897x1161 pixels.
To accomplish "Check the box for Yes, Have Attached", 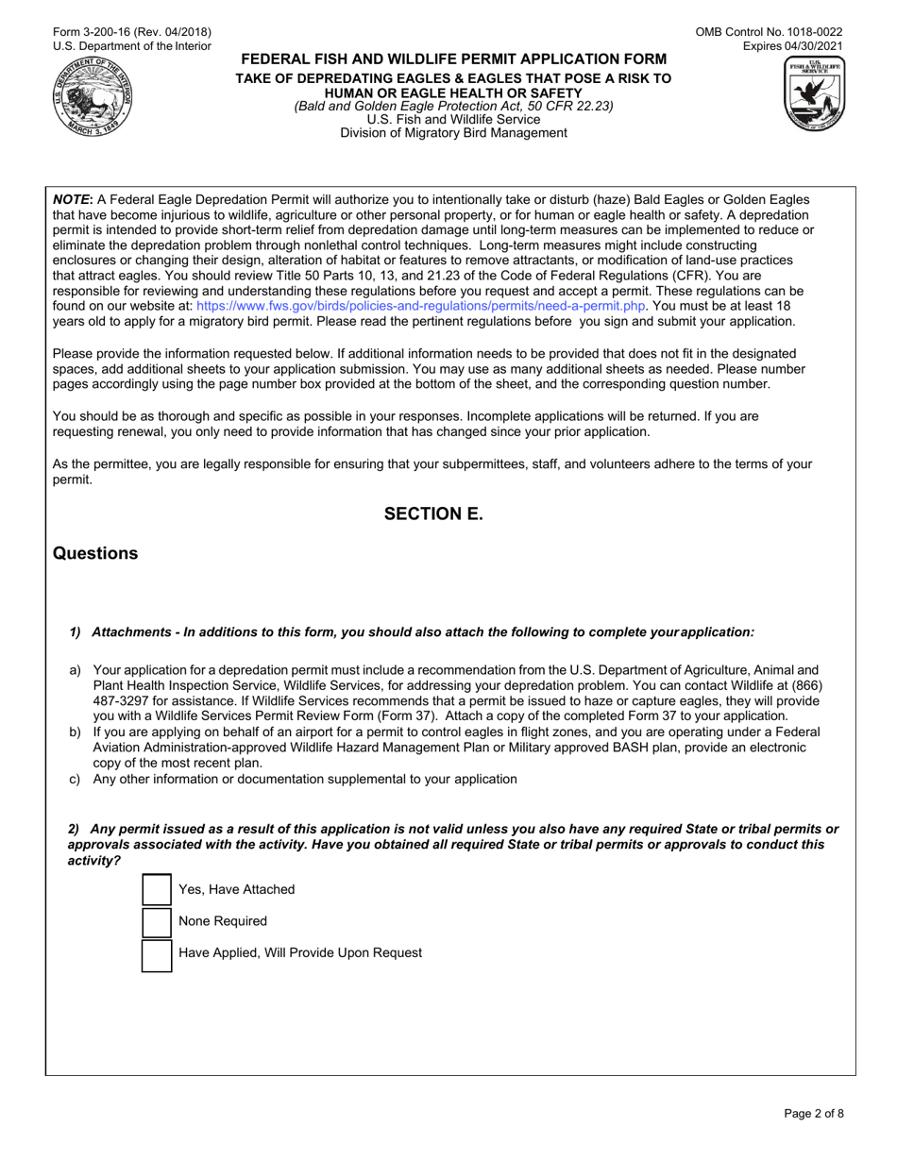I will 157,889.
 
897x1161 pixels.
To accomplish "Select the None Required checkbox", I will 157,921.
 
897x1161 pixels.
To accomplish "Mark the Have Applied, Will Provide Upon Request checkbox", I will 157,953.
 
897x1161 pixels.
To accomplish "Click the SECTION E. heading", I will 432,514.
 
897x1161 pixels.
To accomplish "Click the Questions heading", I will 95,554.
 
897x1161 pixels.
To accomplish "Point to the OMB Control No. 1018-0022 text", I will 770,32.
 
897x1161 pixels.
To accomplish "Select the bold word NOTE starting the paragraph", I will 72,200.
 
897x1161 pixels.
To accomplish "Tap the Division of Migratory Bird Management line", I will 453,133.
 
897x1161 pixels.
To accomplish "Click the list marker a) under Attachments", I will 76,669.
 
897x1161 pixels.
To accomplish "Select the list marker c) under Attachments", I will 76,779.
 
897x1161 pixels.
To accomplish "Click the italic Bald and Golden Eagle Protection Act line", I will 453,106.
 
